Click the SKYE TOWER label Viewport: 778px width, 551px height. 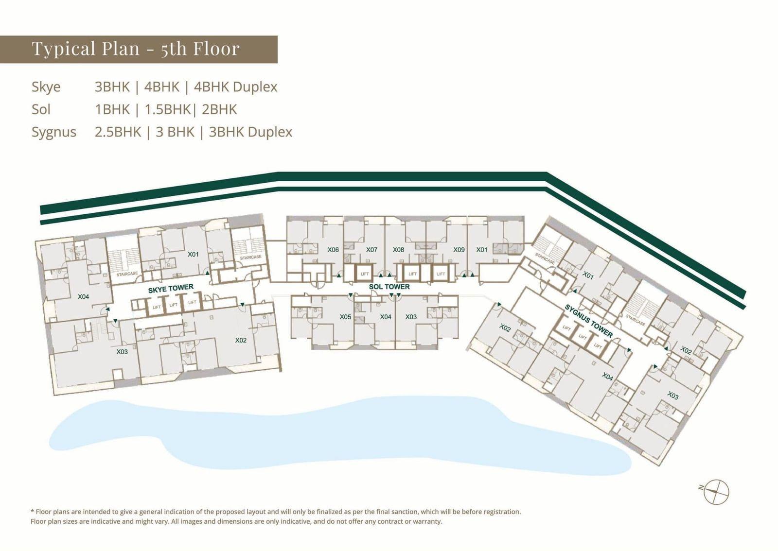(171, 288)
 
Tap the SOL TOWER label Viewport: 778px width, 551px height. (389, 287)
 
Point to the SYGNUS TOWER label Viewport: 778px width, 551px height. (588, 321)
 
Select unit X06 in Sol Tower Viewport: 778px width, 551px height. (333, 249)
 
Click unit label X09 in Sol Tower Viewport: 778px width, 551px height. (459, 249)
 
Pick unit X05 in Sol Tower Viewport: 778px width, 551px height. (345, 317)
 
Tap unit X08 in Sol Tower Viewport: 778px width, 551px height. (398, 249)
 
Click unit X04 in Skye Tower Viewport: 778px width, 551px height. (83, 297)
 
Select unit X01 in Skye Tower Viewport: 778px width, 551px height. (193, 254)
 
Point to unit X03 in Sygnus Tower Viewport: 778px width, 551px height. (673, 395)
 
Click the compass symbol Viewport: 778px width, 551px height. (716, 492)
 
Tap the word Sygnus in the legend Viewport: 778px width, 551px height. (54, 132)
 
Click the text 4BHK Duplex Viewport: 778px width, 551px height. (235, 87)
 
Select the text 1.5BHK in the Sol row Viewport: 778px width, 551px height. (167, 110)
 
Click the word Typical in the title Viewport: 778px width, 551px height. (64, 48)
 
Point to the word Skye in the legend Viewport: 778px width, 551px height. (46, 87)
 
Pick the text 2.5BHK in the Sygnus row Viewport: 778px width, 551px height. (118, 132)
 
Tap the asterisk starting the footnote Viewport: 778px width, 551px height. (32, 511)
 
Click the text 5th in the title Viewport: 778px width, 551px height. (174, 48)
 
